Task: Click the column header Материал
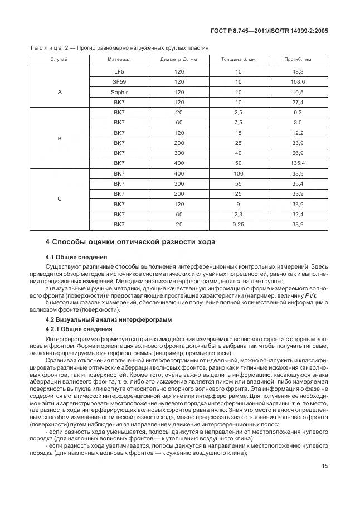[x=119, y=59]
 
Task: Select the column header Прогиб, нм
[x=297, y=59]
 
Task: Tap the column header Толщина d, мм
[x=238, y=59]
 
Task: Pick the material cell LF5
[x=119, y=72]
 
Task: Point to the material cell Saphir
[x=119, y=92]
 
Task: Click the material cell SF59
[x=119, y=82]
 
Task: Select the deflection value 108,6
[x=297, y=82]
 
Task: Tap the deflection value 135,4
[x=297, y=163]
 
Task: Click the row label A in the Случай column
[x=59, y=92]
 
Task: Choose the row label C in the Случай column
[x=59, y=198]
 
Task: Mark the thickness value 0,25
[x=238, y=224]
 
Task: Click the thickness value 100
[x=238, y=173]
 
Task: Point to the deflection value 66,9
[x=297, y=153]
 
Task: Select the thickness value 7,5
[x=238, y=122]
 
